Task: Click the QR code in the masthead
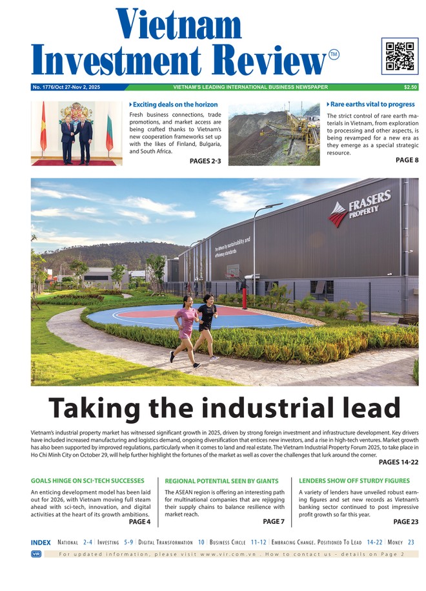point(400,56)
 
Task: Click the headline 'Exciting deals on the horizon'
point(175,104)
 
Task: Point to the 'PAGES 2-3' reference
point(205,161)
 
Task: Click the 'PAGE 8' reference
point(407,160)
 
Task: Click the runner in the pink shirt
point(186,327)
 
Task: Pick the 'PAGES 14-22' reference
point(398,462)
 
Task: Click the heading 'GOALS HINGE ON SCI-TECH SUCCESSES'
point(87,481)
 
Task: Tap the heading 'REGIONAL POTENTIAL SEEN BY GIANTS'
point(221,481)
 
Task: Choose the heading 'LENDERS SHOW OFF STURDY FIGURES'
point(354,481)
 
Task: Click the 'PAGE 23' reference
point(406,522)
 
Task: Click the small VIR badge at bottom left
point(36,554)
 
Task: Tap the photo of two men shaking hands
point(77,133)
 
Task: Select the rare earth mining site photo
point(274,133)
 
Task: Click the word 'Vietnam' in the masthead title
point(179,25)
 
